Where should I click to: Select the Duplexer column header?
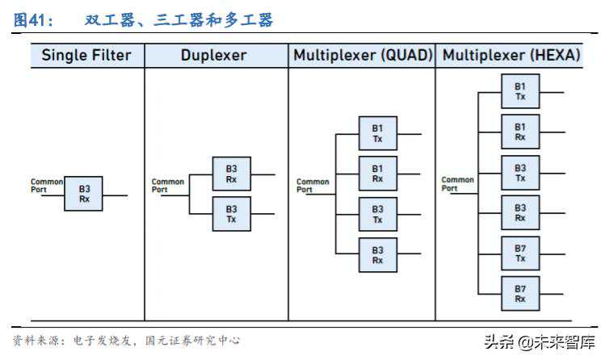tap(214, 55)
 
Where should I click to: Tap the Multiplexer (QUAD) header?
tap(363, 55)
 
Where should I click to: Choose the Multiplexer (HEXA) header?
tap(511, 55)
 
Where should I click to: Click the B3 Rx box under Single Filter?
tap(83, 194)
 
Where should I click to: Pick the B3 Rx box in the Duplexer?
tap(231, 174)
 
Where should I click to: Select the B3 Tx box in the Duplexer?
tap(231, 214)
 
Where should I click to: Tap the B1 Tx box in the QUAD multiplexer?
tap(377, 133)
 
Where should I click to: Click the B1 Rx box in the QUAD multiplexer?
tap(377, 174)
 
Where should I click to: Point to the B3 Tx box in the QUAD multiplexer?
tap(377, 214)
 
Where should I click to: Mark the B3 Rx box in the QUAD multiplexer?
tap(377, 254)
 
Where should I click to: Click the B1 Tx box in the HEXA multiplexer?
tap(520, 91)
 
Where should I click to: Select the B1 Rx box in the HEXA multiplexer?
tap(520, 132)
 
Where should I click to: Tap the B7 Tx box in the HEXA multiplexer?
tap(520, 253)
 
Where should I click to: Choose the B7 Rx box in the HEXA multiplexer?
tap(520, 294)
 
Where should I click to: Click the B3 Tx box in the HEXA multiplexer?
tap(520, 172)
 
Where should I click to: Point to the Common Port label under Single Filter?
tap(46, 186)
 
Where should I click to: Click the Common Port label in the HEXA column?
tap(457, 184)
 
